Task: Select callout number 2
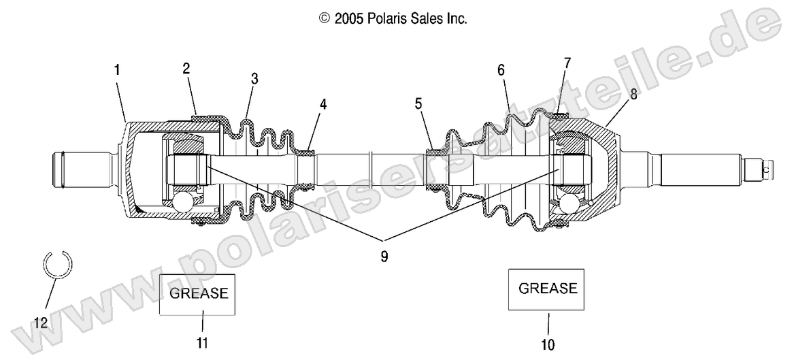[x=186, y=68]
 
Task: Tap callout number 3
[x=254, y=78]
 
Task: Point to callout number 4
[x=323, y=104]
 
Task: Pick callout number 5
[x=418, y=104]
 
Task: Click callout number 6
[x=501, y=69]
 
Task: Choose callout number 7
[x=567, y=63]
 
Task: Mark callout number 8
[x=633, y=95]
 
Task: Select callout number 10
[x=548, y=345]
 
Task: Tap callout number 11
[x=202, y=342]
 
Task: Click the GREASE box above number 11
[x=198, y=294]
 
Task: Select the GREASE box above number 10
[x=548, y=288]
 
